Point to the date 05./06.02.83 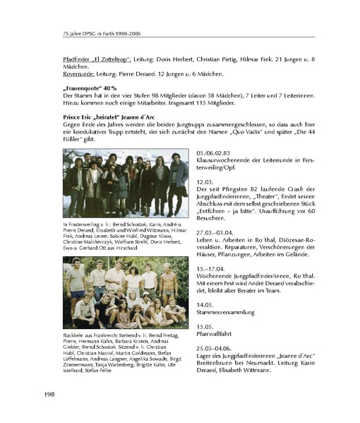pos(216,153)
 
